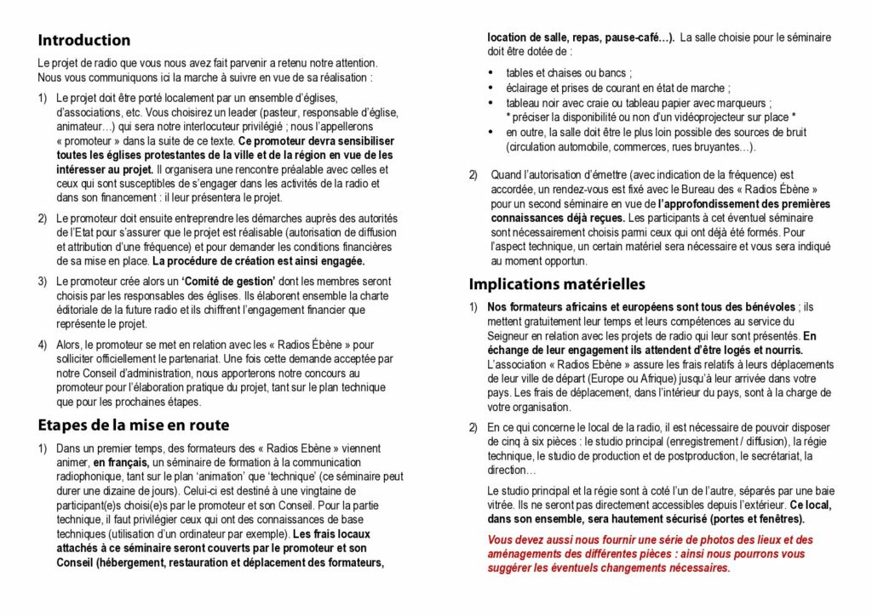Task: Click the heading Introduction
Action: coord(83,40)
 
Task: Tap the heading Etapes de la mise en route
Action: coord(133,425)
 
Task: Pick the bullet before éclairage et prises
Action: coord(490,88)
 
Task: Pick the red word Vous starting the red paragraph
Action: coord(502,539)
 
